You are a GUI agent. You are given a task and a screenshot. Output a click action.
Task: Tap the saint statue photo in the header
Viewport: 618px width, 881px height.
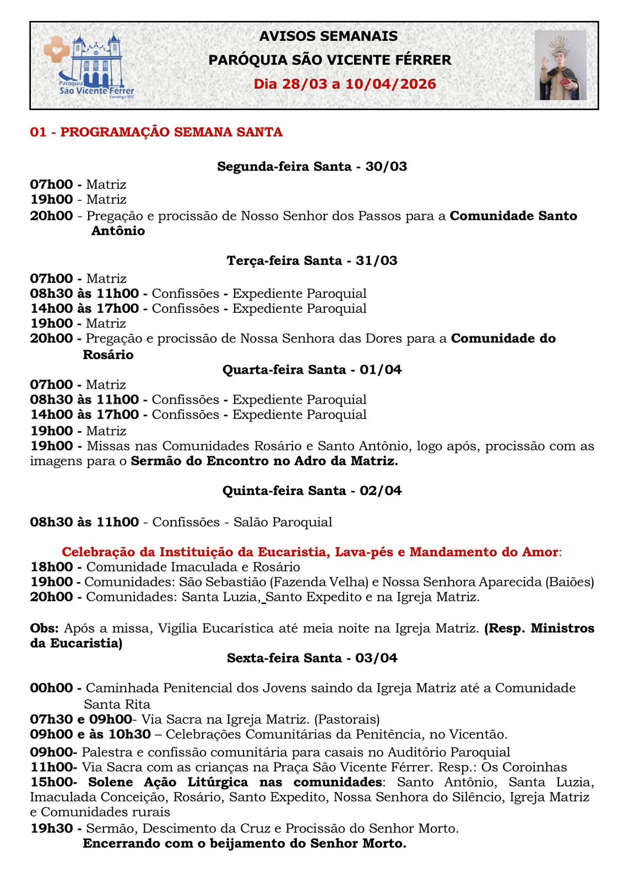tap(560, 65)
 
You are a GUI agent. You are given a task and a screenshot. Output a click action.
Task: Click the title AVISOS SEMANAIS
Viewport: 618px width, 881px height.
tap(328, 36)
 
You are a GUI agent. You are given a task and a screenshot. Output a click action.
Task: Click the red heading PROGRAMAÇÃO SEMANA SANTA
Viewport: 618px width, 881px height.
tap(171, 132)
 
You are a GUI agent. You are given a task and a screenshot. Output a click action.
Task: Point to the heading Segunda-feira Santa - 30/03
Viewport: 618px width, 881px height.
tap(312, 166)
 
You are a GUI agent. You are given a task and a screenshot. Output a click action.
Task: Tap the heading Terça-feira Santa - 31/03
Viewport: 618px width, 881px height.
tap(312, 260)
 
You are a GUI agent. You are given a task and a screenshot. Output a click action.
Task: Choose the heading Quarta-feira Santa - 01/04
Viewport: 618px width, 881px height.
tap(312, 369)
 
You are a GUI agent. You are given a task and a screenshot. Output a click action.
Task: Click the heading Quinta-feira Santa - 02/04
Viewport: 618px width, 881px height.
tap(312, 491)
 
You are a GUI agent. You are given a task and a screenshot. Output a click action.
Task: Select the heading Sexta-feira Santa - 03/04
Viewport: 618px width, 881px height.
tap(312, 658)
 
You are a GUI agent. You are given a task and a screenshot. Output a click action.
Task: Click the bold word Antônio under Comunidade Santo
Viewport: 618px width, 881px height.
tap(118, 231)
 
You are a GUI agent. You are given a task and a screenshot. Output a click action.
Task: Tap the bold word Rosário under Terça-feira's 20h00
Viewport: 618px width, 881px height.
tap(108, 355)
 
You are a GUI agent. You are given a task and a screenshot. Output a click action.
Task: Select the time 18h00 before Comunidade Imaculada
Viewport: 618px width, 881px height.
tap(51, 567)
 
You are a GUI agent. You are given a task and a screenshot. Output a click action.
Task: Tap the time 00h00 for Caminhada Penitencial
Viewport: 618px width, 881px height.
tap(51, 688)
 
